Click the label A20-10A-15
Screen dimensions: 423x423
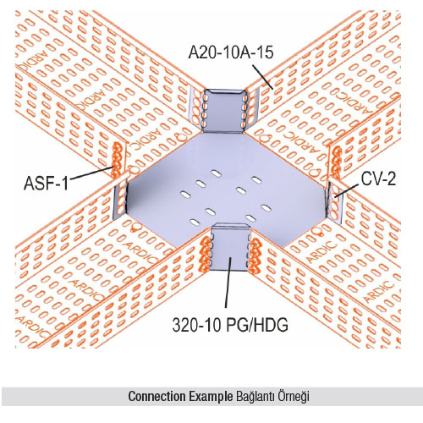coord(231,52)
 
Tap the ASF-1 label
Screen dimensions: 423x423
coord(46,183)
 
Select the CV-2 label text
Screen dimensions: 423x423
coord(379,179)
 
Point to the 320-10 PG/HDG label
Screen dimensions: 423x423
coord(230,325)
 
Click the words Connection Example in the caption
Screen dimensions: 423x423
coord(180,396)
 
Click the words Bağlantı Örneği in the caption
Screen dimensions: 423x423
coord(272,397)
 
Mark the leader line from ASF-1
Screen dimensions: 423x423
coord(91,173)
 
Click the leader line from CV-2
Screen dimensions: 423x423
coord(347,190)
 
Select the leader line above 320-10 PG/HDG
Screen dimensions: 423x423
coord(228,282)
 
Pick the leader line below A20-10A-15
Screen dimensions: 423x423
coord(262,77)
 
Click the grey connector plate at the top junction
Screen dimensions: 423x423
coord(224,111)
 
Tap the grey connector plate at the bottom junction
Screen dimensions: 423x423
coord(230,247)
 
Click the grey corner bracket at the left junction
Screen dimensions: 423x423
coord(120,201)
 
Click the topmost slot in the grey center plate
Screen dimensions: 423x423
coord(216,173)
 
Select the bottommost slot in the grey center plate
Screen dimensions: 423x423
coord(195,222)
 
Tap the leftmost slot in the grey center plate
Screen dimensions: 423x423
coord(185,194)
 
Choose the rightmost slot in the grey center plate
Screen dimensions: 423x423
coord(266,208)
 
